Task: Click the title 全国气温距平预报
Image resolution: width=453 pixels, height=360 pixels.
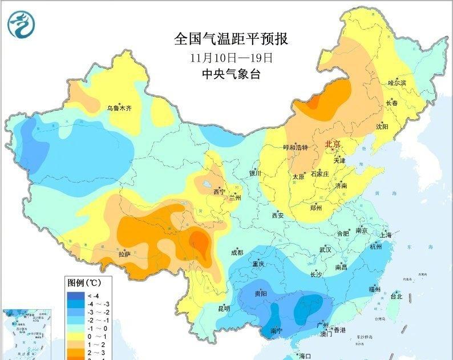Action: click(x=231, y=39)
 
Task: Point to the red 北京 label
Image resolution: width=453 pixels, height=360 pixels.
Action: click(x=332, y=144)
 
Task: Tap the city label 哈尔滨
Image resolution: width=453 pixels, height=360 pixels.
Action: click(x=397, y=83)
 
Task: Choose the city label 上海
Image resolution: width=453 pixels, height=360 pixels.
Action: click(x=386, y=235)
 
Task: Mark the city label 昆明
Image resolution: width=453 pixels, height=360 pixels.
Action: click(x=224, y=309)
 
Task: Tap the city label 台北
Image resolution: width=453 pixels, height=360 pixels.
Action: click(x=396, y=296)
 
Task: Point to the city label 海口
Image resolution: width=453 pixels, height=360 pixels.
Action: click(x=306, y=355)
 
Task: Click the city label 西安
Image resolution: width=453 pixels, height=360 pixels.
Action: click(x=278, y=215)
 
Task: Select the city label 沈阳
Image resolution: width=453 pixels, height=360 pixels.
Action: click(x=382, y=126)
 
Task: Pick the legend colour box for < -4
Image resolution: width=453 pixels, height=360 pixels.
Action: click(x=76, y=295)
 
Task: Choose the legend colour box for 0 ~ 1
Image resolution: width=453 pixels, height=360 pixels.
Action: click(x=76, y=336)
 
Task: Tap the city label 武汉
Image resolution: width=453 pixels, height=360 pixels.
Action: click(x=325, y=249)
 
